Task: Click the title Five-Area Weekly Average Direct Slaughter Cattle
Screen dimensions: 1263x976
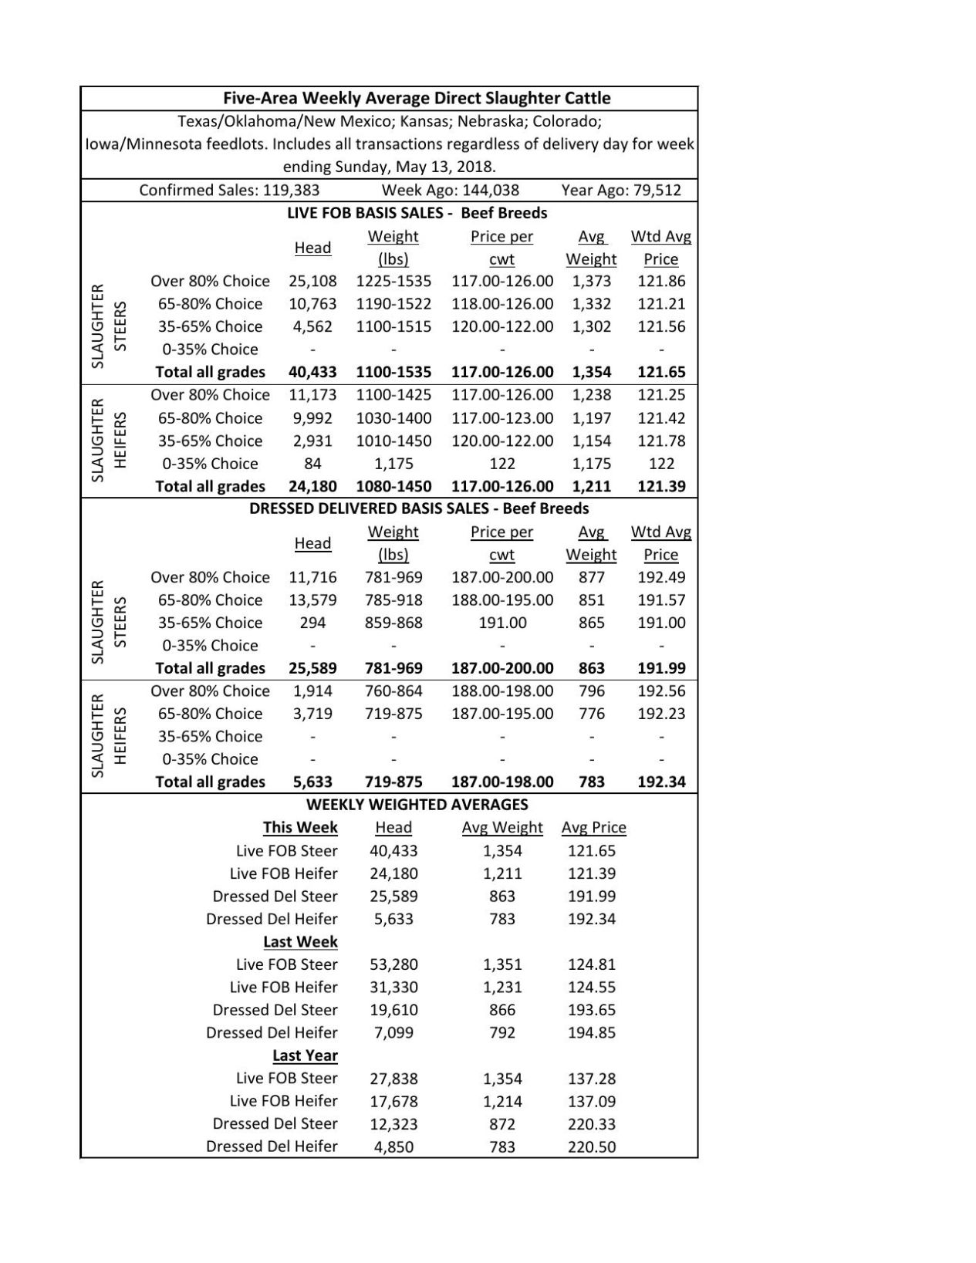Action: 417,98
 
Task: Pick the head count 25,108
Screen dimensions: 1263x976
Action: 312,281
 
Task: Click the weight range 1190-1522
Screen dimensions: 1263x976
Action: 393,304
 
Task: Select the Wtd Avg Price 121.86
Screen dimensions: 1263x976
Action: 660,281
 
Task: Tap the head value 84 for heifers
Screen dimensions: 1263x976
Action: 312,464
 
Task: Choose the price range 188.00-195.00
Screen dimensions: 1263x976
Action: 502,600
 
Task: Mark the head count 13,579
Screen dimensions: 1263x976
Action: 312,600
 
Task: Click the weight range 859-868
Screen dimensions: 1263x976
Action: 393,623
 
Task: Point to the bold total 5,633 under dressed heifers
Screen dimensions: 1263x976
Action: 312,782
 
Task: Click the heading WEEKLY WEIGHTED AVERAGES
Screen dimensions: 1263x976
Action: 417,805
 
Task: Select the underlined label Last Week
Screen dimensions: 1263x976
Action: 300,942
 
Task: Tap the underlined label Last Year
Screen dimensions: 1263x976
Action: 305,1055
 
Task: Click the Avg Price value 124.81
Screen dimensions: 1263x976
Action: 591,964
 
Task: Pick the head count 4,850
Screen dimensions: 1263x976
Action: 393,1146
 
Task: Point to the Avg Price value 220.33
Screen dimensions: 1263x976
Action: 591,1124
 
